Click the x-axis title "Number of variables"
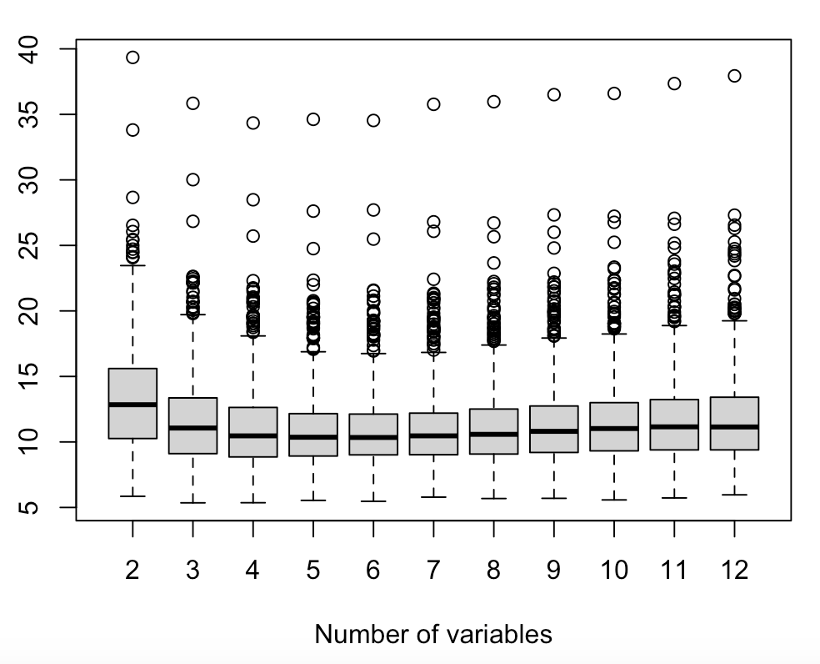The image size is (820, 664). (x=432, y=635)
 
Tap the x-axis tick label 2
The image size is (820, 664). (x=132, y=571)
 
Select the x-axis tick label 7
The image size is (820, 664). (x=433, y=571)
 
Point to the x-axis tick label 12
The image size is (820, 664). (x=734, y=571)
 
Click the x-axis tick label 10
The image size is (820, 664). (x=613, y=571)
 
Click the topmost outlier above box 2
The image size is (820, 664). (x=132, y=58)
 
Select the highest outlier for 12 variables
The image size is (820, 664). (x=734, y=76)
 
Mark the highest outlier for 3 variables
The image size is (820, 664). (x=192, y=103)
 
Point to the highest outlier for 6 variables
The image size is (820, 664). (x=373, y=121)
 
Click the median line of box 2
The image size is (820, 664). (x=132, y=405)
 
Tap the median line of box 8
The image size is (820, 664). (x=493, y=434)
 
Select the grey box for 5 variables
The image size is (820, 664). (x=313, y=435)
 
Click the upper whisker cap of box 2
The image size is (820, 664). (x=132, y=265)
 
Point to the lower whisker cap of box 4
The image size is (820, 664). (x=252, y=502)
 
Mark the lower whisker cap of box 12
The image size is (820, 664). (x=734, y=495)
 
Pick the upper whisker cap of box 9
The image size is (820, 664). (x=553, y=338)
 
